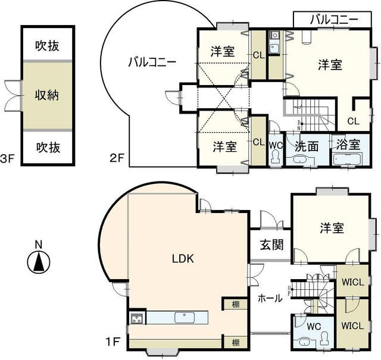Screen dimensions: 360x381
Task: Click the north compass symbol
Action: tap(38, 261)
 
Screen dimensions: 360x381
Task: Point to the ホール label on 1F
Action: tap(270, 299)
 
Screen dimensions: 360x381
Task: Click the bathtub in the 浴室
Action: tap(346, 159)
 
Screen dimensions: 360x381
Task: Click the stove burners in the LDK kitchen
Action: tap(136, 318)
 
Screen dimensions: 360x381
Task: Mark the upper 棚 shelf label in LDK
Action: tap(236, 305)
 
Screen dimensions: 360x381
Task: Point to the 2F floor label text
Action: tap(116, 158)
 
